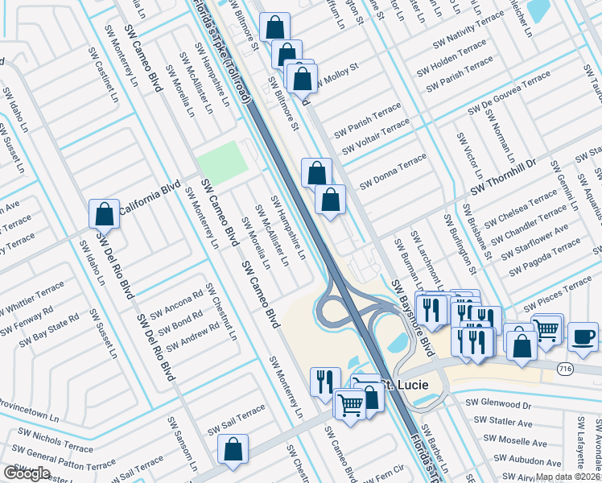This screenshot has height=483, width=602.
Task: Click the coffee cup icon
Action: [x=583, y=336]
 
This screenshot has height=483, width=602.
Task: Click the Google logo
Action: [x=27, y=473]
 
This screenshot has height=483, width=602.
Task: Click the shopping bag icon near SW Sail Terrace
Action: [x=233, y=449]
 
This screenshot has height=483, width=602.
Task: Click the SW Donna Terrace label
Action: [x=393, y=171]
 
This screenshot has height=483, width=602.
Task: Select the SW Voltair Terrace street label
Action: [x=376, y=137]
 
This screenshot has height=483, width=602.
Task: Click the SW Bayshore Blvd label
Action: [x=413, y=319]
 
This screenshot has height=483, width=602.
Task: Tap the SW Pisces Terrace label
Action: [x=557, y=297]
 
